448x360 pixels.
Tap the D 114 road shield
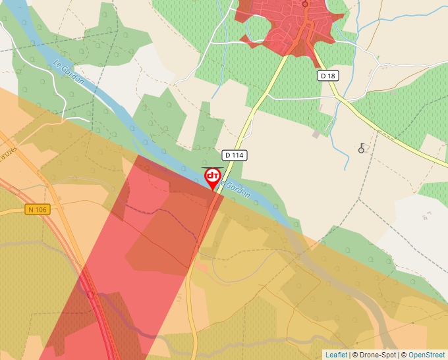[234, 155]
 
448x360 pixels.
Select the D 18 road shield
[327, 76]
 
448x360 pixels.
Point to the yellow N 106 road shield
[38, 209]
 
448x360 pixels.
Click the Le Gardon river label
[69, 72]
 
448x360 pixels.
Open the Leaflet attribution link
[336, 355]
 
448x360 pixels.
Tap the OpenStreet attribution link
[428, 355]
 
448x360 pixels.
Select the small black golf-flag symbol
[362, 148]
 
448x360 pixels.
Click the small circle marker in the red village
[305, 3]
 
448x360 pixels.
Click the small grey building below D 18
[316, 134]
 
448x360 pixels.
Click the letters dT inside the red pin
[213, 176]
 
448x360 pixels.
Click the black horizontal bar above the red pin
[213, 167]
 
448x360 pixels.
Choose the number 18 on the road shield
[331, 76]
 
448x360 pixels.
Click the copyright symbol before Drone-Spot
[354, 355]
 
